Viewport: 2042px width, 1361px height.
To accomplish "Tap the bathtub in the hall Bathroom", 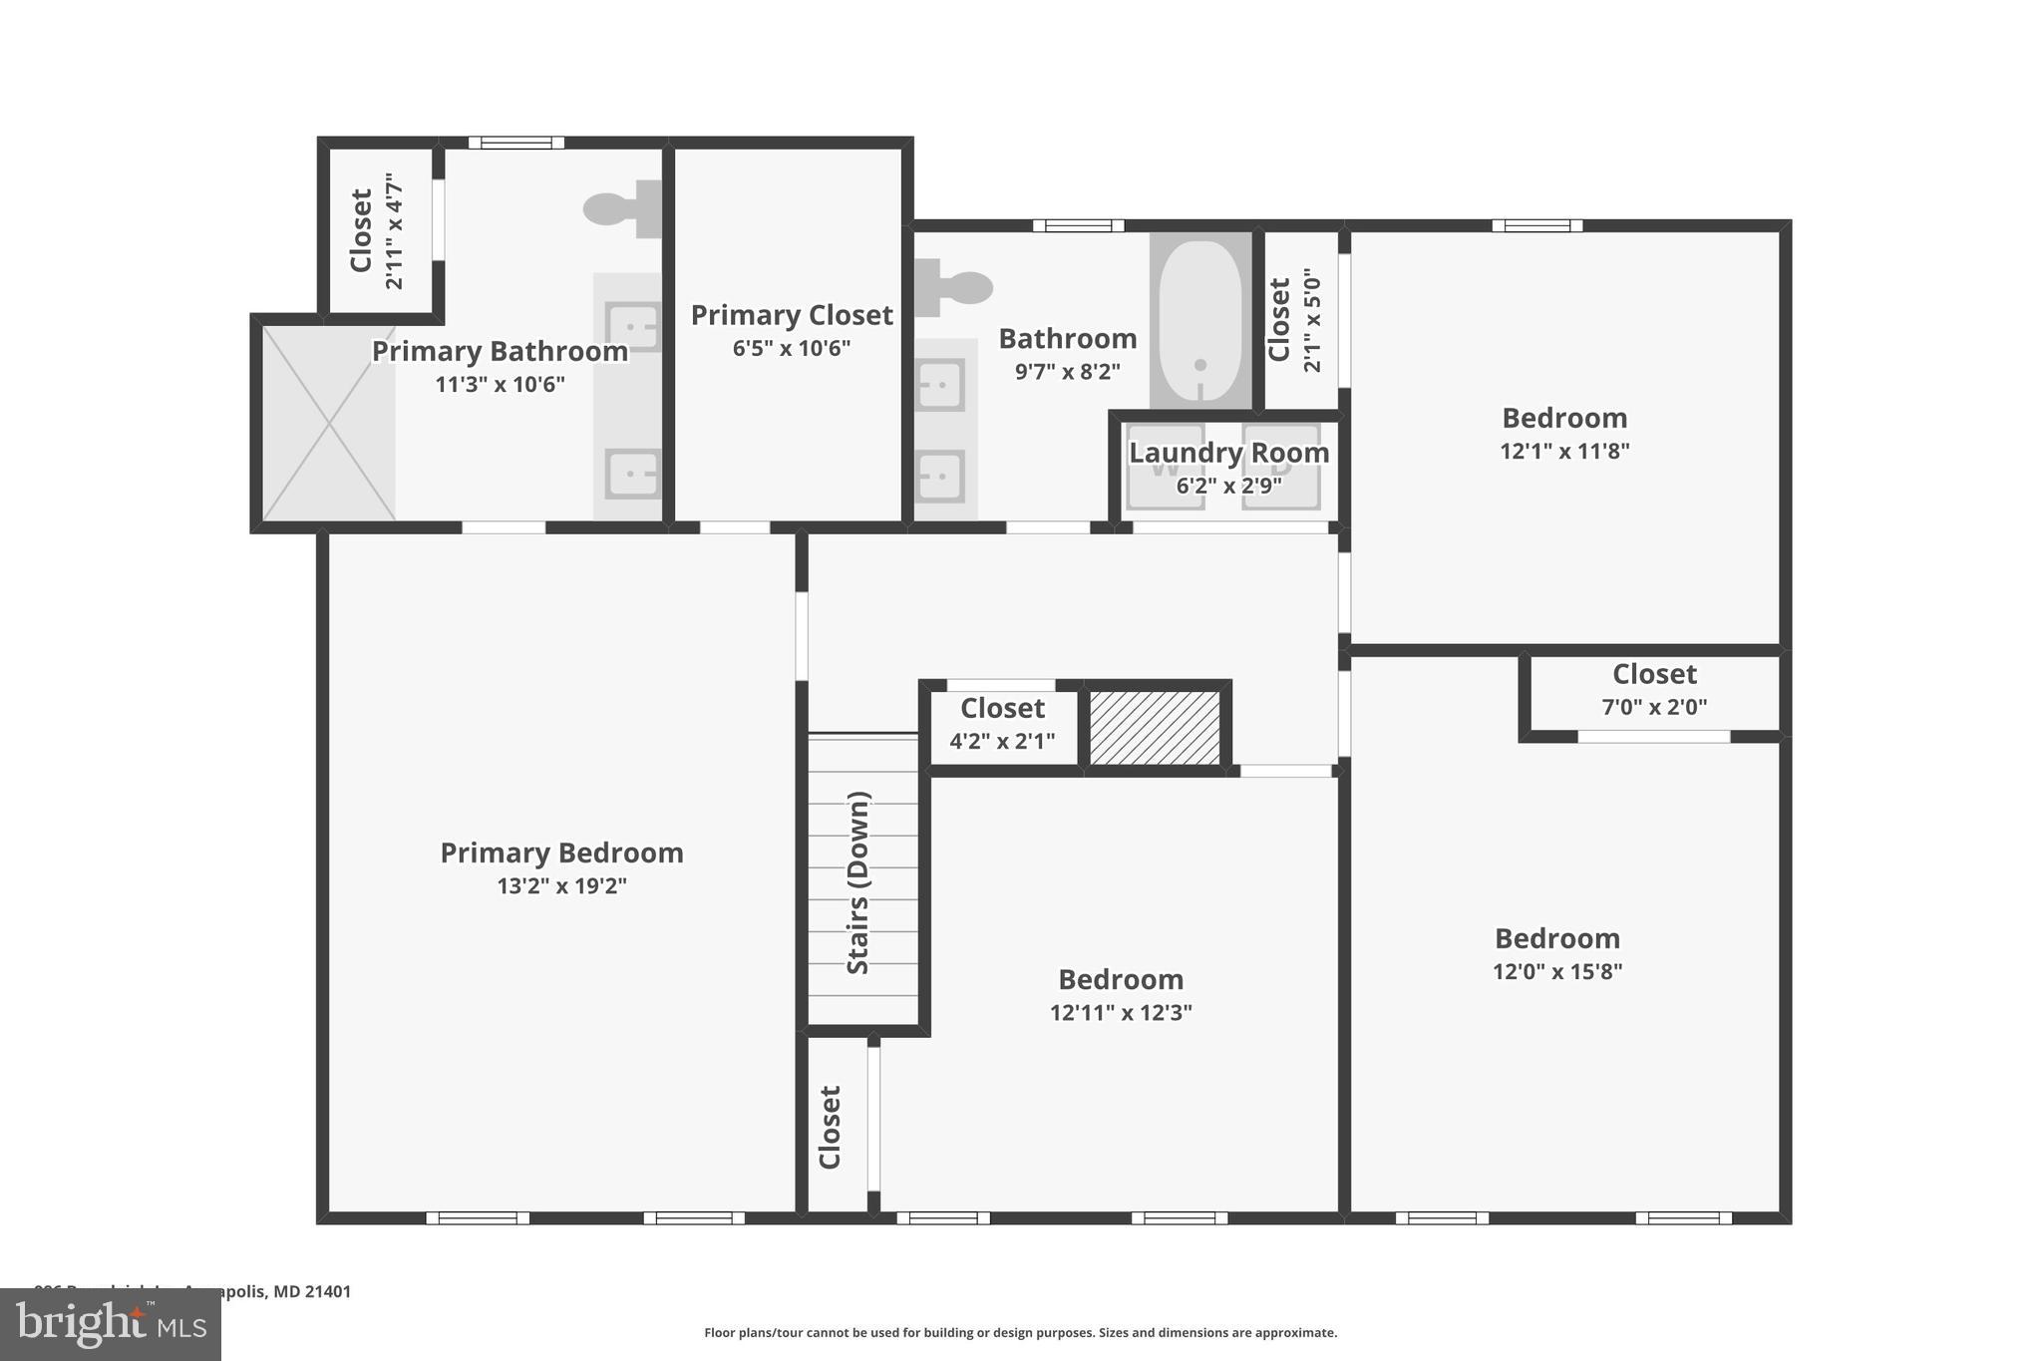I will pos(1200,320).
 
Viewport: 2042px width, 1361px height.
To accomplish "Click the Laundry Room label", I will pos(1228,453).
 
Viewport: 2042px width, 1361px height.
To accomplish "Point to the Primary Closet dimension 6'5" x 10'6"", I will pos(792,348).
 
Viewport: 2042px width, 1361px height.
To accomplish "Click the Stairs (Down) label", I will pos(858,882).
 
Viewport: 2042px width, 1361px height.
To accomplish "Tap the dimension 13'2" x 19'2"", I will pos(561,885).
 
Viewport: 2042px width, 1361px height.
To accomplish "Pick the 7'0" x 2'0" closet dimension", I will pos(1654,707).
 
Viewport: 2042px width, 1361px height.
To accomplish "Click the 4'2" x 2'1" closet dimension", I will pos(1002,741).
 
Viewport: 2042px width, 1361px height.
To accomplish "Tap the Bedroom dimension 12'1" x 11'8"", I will pos(1564,451).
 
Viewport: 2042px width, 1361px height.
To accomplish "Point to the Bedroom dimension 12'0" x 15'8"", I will pos(1557,971).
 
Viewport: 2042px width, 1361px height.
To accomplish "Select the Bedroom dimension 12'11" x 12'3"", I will pos(1121,1012).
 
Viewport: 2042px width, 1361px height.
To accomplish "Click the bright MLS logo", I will pos(111,1325).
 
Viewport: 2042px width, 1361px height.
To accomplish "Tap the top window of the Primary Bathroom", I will pos(515,143).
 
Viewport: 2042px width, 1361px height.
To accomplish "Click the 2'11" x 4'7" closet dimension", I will pos(395,231).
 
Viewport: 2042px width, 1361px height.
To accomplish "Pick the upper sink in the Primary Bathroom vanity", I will pos(634,327).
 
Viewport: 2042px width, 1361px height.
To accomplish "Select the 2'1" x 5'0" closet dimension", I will pos(1312,320).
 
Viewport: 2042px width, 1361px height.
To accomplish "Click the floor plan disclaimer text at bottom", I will pos(1020,1332).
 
